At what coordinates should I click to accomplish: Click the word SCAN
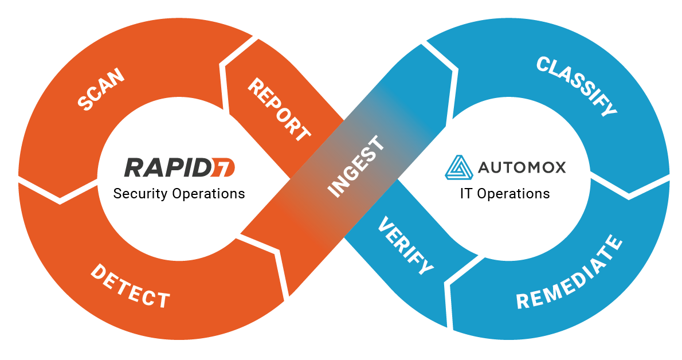[101, 89]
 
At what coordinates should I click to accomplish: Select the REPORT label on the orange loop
[279, 110]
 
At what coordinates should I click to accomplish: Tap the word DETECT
[130, 287]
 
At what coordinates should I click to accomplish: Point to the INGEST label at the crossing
[356, 166]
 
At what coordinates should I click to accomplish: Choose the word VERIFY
[405, 246]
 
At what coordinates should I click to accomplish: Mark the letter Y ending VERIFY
[425, 267]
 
